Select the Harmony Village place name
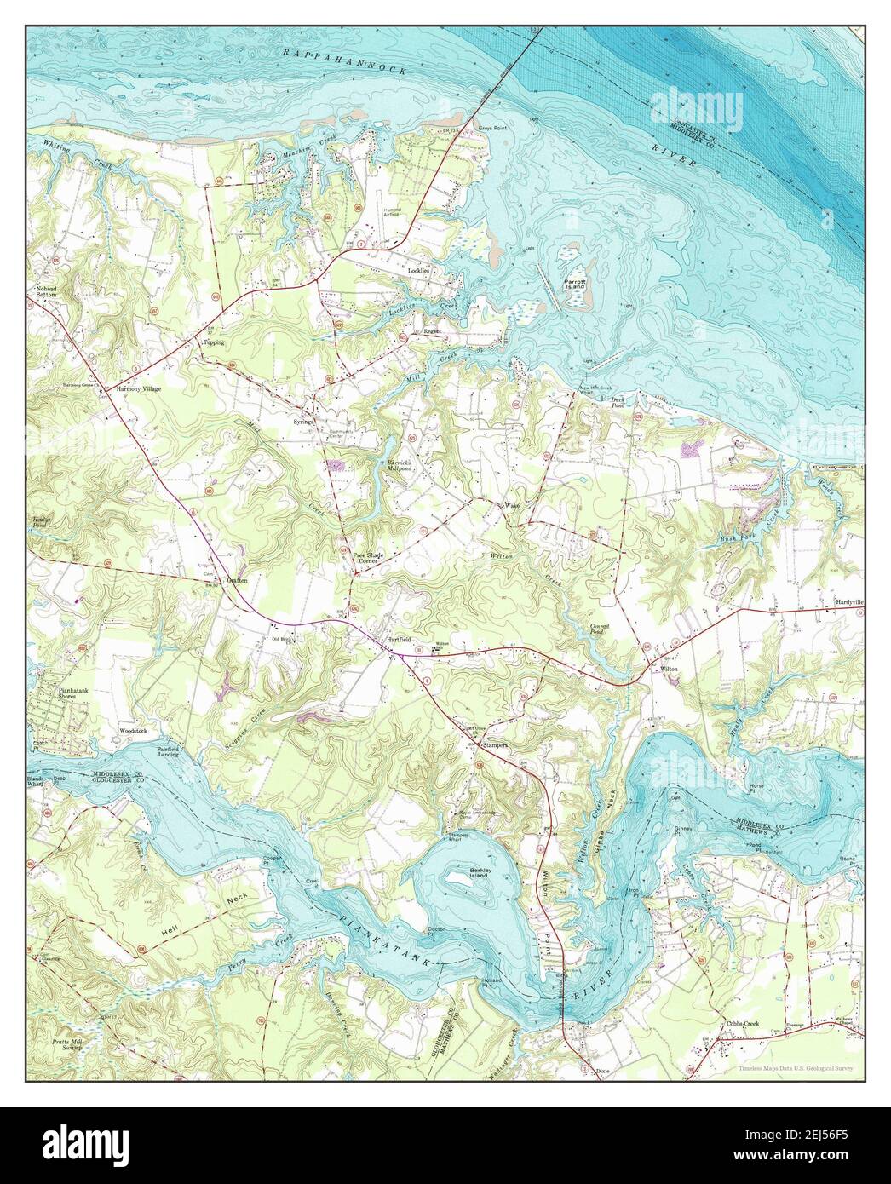tap(139, 388)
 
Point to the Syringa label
tap(306, 421)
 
